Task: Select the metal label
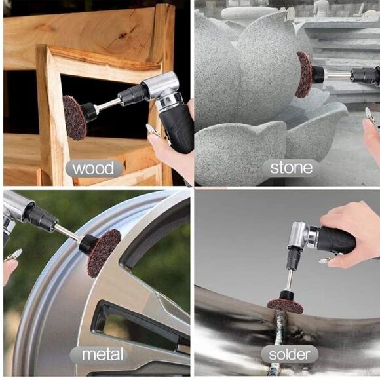(102, 355)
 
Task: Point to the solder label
(289, 355)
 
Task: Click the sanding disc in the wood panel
(75, 117)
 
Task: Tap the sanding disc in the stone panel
(303, 74)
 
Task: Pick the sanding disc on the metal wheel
(104, 252)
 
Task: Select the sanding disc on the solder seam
(285, 306)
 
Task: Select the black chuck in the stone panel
(319, 74)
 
